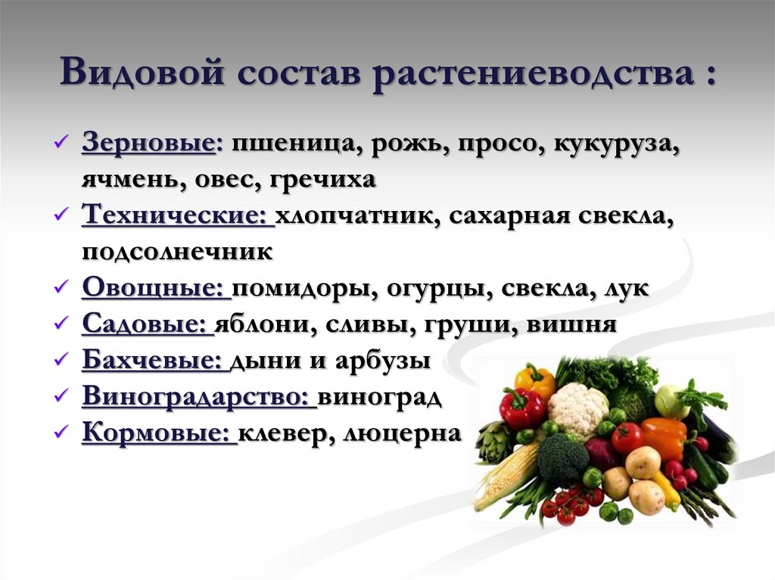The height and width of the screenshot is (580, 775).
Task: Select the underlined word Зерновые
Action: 148,143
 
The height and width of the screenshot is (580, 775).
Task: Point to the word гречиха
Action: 331,180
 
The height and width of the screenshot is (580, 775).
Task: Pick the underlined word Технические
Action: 177,216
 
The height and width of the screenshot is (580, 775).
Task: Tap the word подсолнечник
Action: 177,252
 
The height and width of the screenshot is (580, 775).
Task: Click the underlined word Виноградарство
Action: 198,397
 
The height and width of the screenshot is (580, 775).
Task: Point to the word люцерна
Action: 402,433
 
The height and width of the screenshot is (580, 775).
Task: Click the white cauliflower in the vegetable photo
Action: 577,408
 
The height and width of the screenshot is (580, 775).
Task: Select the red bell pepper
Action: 521,409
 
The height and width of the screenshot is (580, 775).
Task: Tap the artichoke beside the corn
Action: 496,442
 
